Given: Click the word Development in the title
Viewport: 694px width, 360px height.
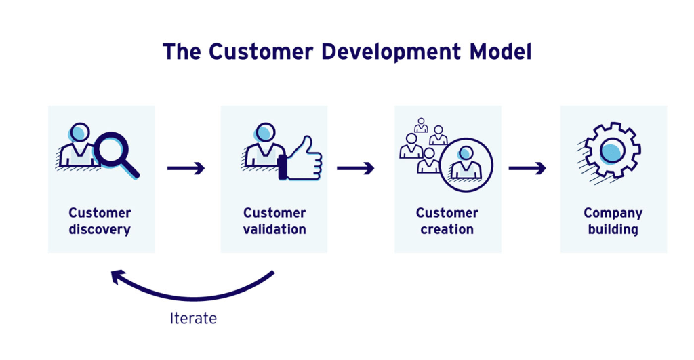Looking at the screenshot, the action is coord(391,52).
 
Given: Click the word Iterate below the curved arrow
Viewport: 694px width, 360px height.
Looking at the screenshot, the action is coord(193,318).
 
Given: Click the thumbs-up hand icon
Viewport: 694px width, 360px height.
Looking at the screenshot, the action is coord(300,159).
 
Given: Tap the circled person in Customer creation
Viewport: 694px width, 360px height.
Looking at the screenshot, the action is coord(466,165).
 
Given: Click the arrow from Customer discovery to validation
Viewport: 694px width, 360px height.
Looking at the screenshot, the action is coord(186,168).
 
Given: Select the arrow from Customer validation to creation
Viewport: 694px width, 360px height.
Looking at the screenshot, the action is coord(355,168).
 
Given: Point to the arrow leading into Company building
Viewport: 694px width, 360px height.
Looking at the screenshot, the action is coord(527,168).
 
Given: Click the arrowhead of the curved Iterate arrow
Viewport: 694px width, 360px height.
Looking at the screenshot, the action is coord(117,277).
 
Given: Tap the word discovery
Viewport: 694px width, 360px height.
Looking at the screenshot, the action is coord(100,230).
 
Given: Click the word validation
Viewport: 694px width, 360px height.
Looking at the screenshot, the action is coord(274,229).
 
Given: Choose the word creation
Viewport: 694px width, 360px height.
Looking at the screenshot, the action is coord(447,229).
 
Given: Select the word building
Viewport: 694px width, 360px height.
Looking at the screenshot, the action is coord(613,230).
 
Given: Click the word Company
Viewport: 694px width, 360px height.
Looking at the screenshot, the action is coord(613,214).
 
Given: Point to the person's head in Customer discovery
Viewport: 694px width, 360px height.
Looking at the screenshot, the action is coord(80,132).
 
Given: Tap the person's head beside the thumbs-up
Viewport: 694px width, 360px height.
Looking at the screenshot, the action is coord(265,132).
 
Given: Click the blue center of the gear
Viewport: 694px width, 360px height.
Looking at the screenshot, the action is coord(612,151).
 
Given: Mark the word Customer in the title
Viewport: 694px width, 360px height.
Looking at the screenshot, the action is coord(261,52).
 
